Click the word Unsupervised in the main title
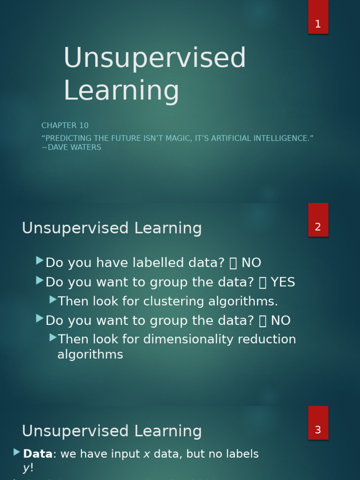154,58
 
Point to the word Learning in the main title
121,90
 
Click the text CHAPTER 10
65,126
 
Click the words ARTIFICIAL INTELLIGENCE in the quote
260,138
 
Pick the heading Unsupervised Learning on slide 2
112,228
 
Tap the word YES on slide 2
283,282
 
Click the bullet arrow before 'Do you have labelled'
40,261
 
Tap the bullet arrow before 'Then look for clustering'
53,299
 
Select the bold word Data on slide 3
37,454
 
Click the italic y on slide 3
26,468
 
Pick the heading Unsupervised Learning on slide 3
112,431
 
